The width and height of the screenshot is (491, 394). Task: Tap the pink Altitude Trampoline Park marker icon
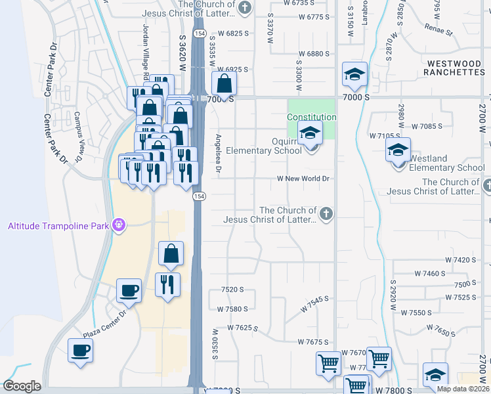(x=118, y=227)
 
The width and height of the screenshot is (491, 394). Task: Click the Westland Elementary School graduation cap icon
(x=398, y=150)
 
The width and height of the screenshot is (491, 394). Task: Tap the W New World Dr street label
(x=303, y=179)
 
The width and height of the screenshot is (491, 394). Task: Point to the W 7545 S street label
(x=314, y=303)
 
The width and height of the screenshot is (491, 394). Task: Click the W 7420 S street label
(x=459, y=260)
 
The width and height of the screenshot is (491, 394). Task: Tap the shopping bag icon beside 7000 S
(x=224, y=83)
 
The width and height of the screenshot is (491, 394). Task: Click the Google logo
(x=22, y=386)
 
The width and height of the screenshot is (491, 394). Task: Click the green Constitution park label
(x=312, y=117)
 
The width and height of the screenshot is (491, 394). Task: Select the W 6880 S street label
(x=313, y=54)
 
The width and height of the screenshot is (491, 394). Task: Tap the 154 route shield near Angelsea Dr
(x=198, y=196)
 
